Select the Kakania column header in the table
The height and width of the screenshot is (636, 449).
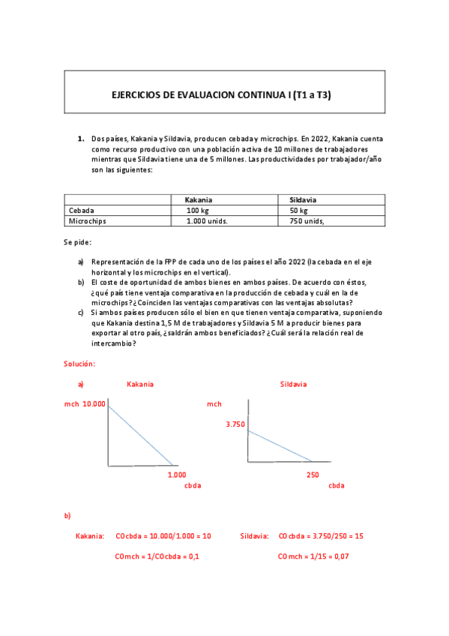click(199, 200)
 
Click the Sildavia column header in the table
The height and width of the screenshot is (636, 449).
click(303, 200)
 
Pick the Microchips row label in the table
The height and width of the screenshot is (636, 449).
click(87, 221)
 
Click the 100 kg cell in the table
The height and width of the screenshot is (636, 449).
click(198, 211)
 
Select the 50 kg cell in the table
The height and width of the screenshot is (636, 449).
click(298, 211)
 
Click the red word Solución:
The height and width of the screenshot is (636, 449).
click(79, 363)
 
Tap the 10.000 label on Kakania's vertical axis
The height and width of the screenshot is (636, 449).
click(94, 403)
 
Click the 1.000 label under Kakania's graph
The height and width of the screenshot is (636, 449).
click(177, 475)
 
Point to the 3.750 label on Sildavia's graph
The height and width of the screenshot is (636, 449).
click(235, 424)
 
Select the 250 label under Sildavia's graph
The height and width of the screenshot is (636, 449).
click(313, 475)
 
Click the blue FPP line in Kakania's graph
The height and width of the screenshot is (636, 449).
click(141, 436)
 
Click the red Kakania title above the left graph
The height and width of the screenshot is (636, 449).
click(140, 384)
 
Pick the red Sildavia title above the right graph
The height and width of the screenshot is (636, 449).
click(293, 384)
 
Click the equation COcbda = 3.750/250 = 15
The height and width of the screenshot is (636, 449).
click(320, 536)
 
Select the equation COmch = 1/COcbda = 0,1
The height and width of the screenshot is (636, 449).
click(157, 556)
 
